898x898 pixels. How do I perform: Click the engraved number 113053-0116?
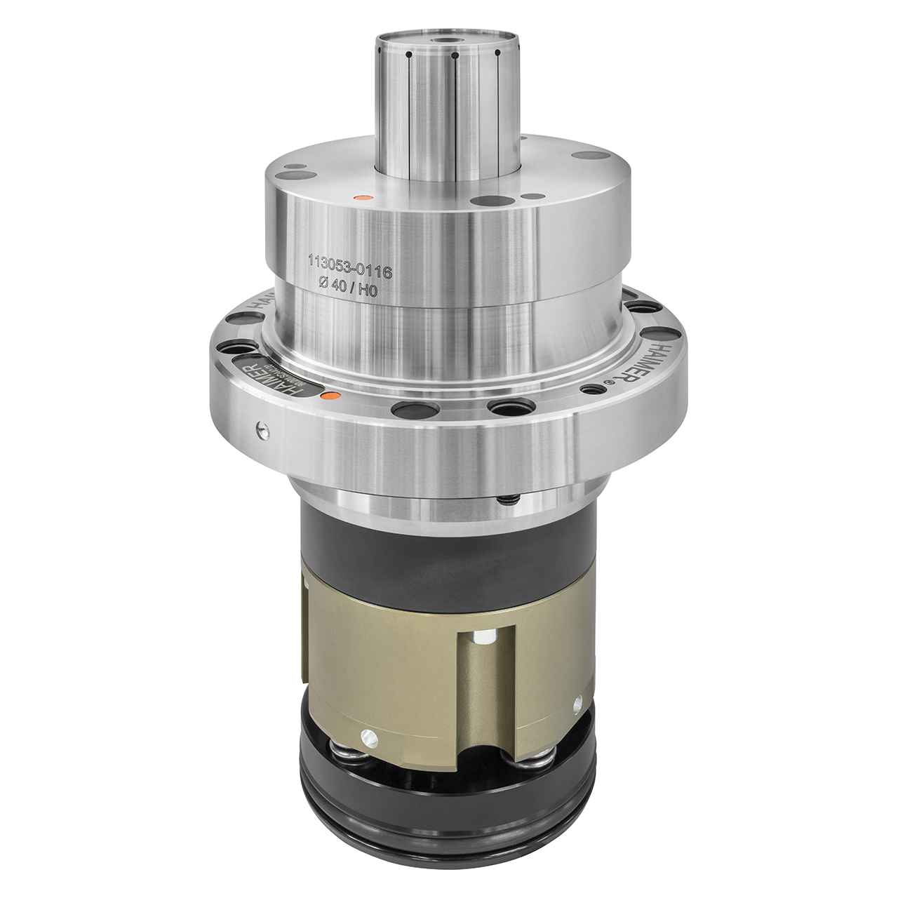coord(349,264)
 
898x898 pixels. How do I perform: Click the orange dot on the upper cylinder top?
coord(362,199)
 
